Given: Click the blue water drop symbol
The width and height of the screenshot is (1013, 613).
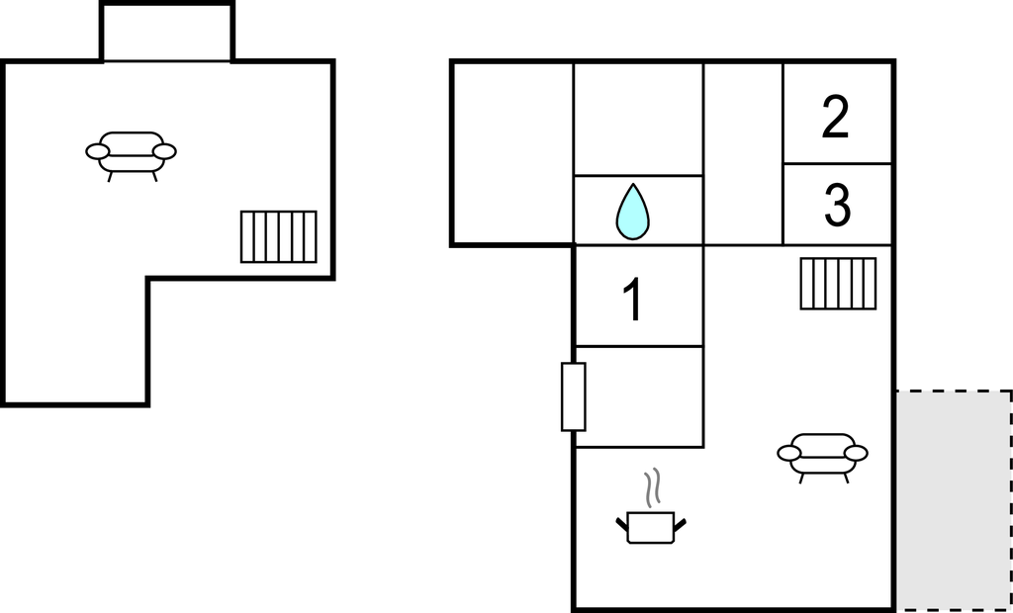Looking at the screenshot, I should pyautogui.click(x=633, y=213).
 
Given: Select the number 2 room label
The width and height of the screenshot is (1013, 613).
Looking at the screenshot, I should pyautogui.click(x=836, y=118).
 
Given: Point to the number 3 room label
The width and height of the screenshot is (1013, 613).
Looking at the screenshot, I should pyautogui.click(x=837, y=206).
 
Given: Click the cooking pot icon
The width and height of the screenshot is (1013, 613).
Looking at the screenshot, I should pyautogui.click(x=651, y=526).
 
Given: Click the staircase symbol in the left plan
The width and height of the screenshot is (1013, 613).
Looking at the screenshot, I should pyautogui.click(x=279, y=236).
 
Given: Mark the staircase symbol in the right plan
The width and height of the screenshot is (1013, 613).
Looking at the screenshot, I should pyautogui.click(x=839, y=283).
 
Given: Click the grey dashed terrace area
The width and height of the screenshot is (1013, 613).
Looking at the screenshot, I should pyautogui.click(x=954, y=499).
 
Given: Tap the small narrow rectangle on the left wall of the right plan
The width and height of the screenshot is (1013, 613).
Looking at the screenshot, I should pyautogui.click(x=574, y=396).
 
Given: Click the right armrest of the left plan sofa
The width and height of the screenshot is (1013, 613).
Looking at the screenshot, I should pyautogui.click(x=165, y=151).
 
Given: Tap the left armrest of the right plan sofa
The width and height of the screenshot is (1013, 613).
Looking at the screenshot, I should pyautogui.click(x=789, y=453).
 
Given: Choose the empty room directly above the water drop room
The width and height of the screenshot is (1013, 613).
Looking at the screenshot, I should pyautogui.click(x=638, y=119).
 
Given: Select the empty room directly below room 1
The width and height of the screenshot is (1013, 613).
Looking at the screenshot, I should pyautogui.click(x=638, y=395).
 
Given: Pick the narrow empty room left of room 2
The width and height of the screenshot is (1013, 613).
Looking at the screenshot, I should pyautogui.click(x=743, y=153).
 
